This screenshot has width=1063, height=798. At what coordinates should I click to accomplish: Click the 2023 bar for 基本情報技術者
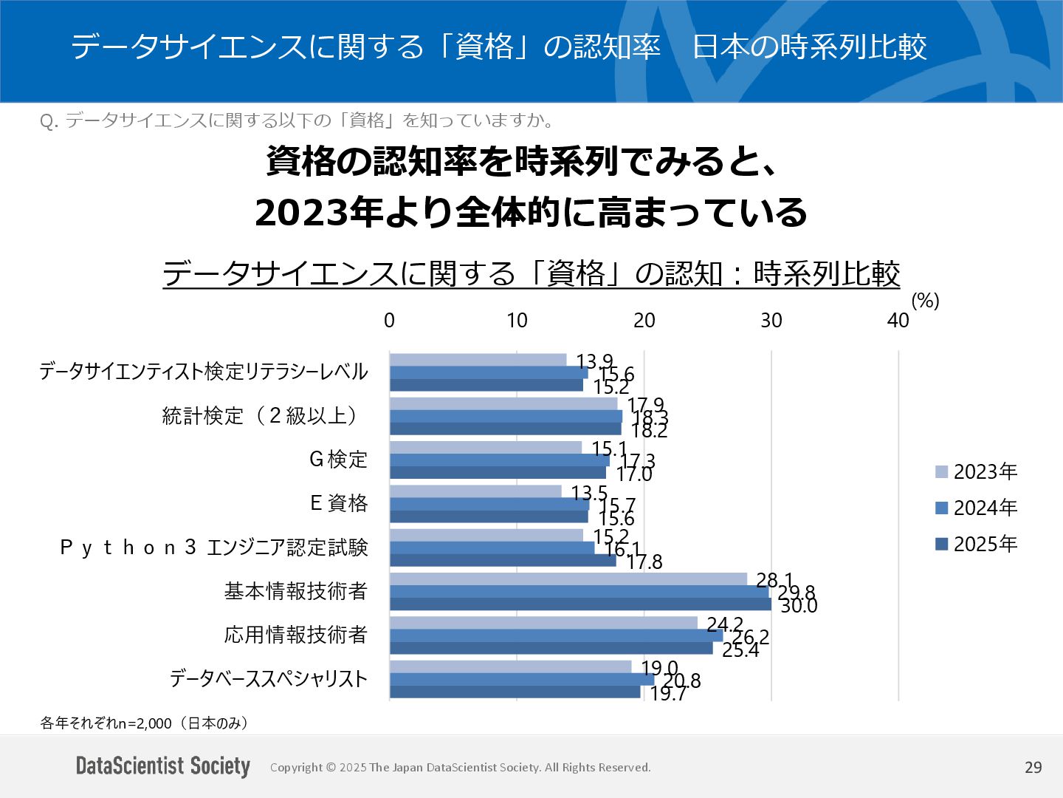[568, 579]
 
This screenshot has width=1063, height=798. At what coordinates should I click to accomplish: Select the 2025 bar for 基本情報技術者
[580, 604]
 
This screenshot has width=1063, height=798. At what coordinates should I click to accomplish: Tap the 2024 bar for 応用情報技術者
[556, 635]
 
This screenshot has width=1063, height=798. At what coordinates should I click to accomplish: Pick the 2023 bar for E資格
[475, 491]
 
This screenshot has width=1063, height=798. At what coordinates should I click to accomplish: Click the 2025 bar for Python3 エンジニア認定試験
[503, 560]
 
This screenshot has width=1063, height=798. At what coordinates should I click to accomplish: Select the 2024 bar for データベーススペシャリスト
[522, 679]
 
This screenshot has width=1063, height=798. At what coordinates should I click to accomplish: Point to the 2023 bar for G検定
[486, 448]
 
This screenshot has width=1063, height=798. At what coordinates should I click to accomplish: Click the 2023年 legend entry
[976, 471]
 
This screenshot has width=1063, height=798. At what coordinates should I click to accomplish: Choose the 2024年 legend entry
[976, 508]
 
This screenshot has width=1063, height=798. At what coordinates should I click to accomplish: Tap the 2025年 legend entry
[976, 544]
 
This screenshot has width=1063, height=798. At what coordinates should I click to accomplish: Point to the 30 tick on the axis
[771, 320]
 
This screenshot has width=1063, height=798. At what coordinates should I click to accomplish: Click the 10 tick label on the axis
[517, 320]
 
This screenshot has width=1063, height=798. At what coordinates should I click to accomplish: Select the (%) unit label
[925, 301]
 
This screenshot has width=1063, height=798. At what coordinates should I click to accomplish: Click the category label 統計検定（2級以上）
[263, 415]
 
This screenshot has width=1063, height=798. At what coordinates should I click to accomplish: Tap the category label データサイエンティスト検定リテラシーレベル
[203, 371]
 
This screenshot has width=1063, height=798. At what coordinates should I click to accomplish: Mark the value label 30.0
[799, 606]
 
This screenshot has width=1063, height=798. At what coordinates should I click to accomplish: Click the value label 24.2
[725, 625]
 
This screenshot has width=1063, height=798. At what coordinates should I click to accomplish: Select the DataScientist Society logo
[163, 766]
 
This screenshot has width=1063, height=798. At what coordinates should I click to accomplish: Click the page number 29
[1033, 767]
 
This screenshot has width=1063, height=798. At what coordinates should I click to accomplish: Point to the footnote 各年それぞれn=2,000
[145, 723]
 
